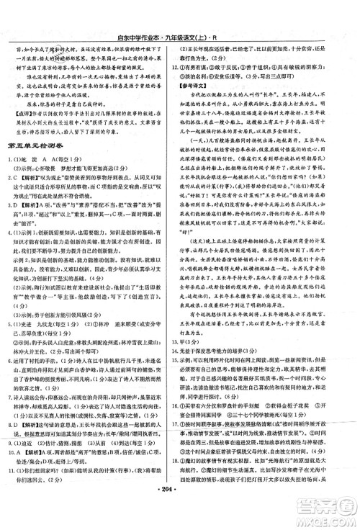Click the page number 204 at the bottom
[181, 508]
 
